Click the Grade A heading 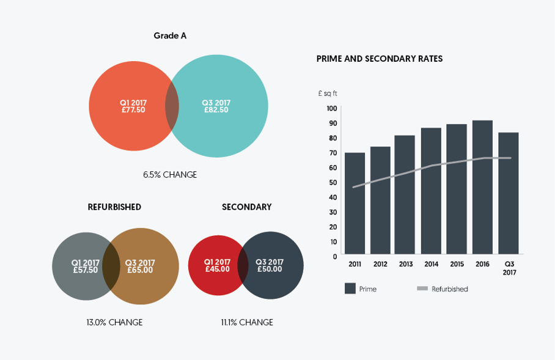click(x=170, y=35)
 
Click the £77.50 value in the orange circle click(x=133, y=110)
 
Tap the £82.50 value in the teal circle click(x=216, y=110)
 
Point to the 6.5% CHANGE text click(x=170, y=175)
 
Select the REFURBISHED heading click(x=114, y=207)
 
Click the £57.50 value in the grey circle click(x=86, y=270)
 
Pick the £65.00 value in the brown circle click(x=140, y=270)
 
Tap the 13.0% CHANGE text click(x=114, y=322)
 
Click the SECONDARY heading click(x=246, y=207)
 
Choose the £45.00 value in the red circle click(x=217, y=269)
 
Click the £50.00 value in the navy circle click(x=270, y=269)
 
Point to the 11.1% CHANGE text click(x=247, y=322)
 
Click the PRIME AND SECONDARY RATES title click(x=380, y=59)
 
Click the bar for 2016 click(x=482, y=187)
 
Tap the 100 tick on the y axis click(x=332, y=108)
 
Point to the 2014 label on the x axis click(x=431, y=264)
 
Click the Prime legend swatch click(x=350, y=288)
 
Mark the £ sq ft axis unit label click(x=328, y=94)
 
